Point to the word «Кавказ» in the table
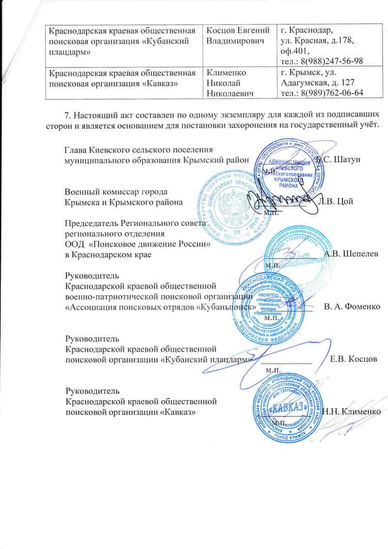tap(160, 83)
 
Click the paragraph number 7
tap(67, 116)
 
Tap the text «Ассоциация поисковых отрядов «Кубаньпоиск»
tap(161, 307)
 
